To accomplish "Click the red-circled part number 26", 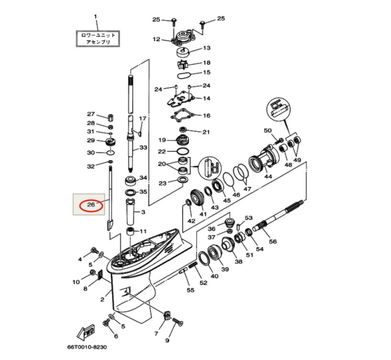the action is (x=91, y=204).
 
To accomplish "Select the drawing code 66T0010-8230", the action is (x=87, y=347).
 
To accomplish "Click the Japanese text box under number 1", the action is (x=98, y=39).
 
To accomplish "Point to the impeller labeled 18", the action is (x=182, y=65).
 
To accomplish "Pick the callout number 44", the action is (x=268, y=176).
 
